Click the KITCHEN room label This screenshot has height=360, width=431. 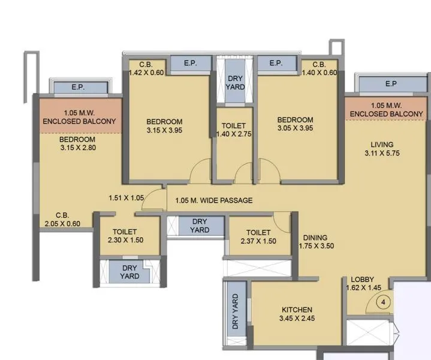click(297, 310)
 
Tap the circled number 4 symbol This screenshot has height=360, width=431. click(383, 302)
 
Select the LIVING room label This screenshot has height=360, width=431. click(382, 144)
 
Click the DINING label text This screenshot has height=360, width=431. click(315, 236)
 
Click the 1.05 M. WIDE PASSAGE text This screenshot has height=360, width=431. click(213, 200)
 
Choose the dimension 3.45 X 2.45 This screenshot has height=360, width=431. click(297, 319)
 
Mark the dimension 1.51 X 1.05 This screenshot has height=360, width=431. click(126, 197)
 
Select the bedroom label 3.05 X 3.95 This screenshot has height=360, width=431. click(295, 128)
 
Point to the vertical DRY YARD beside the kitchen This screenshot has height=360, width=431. click(234, 311)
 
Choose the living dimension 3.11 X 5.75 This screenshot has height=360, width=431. click(382, 154)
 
